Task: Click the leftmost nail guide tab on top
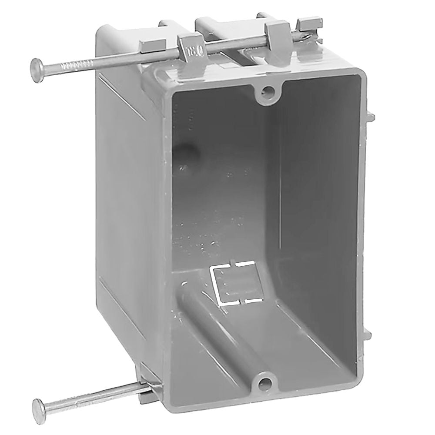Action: point(154,45)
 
